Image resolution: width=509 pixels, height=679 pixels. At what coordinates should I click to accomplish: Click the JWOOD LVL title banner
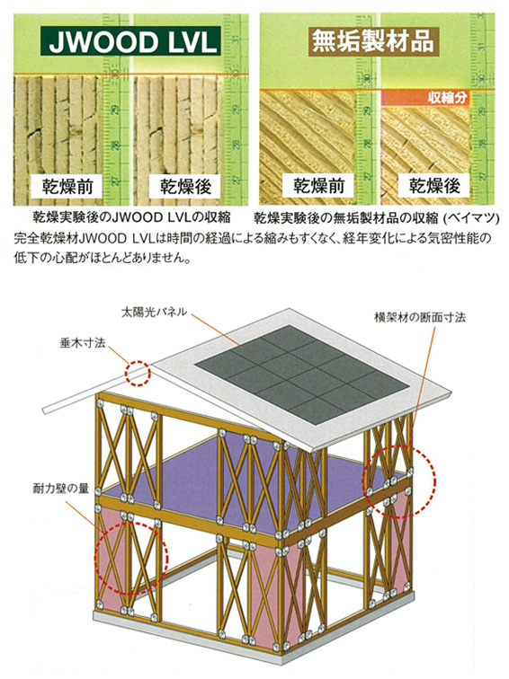(x=131, y=41)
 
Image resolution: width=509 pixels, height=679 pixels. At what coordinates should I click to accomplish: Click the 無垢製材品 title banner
(x=372, y=41)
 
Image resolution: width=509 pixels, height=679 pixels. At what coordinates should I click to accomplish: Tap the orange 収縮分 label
(x=426, y=97)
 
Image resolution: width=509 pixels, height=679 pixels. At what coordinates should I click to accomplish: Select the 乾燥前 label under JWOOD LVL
(x=67, y=186)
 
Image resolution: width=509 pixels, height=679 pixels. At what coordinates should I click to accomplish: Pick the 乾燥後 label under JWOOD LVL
(x=185, y=186)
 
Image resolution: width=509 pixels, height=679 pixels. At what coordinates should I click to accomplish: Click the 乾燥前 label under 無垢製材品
(x=318, y=186)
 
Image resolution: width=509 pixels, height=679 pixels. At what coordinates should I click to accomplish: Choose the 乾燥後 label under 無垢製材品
(x=434, y=186)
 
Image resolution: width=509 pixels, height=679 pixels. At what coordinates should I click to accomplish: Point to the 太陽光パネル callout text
(x=154, y=312)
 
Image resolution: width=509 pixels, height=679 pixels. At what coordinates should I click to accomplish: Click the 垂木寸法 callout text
(x=83, y=343)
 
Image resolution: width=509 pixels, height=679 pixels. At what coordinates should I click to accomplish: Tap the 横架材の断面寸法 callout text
(x=420, y=317)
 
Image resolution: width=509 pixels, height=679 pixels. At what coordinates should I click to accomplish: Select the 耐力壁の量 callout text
(x=60, y=489)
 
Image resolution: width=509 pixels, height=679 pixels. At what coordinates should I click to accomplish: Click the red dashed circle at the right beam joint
(x=434, y=481)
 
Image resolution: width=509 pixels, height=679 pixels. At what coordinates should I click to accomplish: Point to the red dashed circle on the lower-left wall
(x=95, y=559)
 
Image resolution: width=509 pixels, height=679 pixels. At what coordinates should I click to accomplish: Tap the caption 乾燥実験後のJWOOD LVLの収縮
(x=132, y=217)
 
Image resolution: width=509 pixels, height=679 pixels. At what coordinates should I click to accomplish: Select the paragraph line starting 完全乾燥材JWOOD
(x=254, y=239)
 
